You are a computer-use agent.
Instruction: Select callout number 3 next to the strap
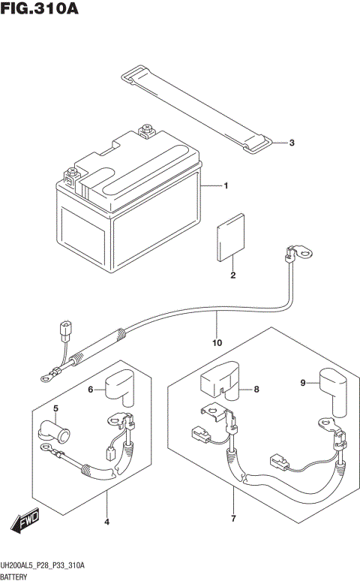(292, 143)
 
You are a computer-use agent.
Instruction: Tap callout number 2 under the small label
(233, 275)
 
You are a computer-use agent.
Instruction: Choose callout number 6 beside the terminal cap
(91, 389)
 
